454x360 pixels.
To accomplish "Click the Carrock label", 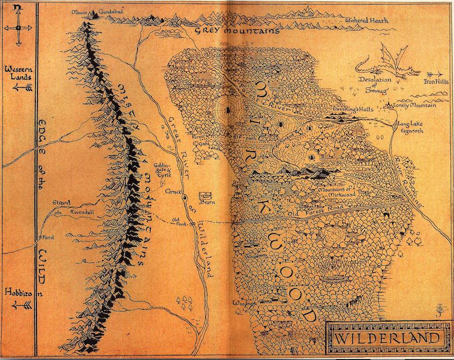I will [174, 193].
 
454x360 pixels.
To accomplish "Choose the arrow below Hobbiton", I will [22, 304].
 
